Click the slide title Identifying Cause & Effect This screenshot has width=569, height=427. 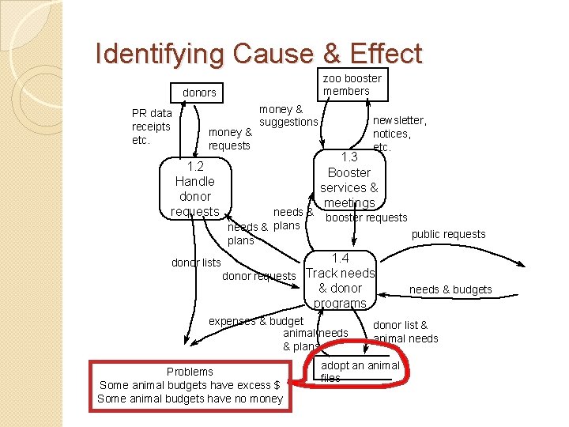click(258, 54)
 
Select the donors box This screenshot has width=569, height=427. click(199, 93)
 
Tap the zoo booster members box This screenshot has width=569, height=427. click(352, 85)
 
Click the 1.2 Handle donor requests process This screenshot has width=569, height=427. click(195, 189)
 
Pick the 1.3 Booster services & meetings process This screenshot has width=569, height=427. click(349, 180)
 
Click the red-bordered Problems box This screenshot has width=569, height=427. click(190, 385)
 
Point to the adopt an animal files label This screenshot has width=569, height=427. click(360, 372)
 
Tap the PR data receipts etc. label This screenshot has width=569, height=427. click(151, 127)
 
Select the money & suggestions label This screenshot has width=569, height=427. click(288, 115)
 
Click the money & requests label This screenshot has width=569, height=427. click(229, 138)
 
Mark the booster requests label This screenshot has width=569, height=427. click(367, 217)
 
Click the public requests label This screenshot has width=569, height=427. click(449, 234)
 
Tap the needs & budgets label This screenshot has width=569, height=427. click(450, 289)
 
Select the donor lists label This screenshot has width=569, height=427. click(196, 263)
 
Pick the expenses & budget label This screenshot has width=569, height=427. click(255, 321)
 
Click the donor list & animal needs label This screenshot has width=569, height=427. click(405, 331)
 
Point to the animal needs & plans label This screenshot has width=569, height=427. click(316, 339)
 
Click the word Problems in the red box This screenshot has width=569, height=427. click(190, 372)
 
